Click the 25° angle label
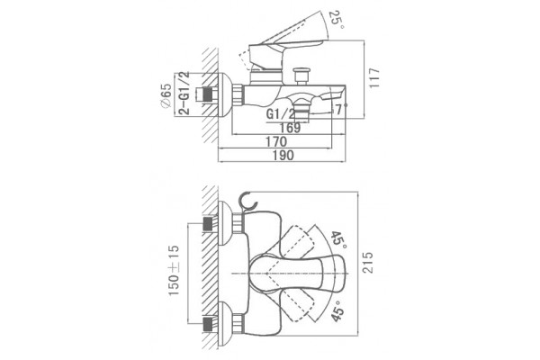pos(337,20)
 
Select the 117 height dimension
pos(374,78)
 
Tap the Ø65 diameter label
pos(166,95)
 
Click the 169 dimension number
pos(290,128)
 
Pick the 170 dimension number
pos(276,141)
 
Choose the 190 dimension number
pos(283,156)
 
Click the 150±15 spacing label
pos(174,270)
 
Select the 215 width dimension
pos(368,263)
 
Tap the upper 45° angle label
pos(338,240)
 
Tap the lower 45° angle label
pos(337,310)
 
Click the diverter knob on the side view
pos(301,76)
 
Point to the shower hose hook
pos(247,202)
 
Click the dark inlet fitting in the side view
pos(207,94)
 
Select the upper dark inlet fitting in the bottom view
pos(208,224)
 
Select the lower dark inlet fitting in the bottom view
pos(208,324)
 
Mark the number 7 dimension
pos(339,110)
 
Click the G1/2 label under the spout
pos(281,113)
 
